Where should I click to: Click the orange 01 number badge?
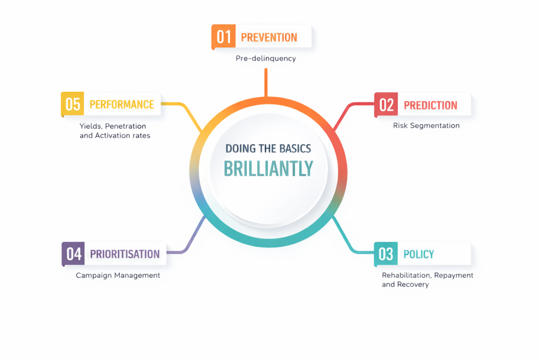tap(224, 36)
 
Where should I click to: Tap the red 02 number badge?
tap(386, 105)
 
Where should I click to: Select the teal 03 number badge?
tap(385, 254)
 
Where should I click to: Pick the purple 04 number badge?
tap(73, 254)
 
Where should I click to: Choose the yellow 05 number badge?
tap(73, 104)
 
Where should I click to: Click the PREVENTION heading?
tap(269, 37)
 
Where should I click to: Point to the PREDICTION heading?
tap(430, 105)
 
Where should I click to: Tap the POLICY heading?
tap(419, 255)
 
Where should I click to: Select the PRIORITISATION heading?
tap(124, 254)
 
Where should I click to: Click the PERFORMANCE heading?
tap(122, 104)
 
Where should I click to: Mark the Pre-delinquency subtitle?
tap(266, 59)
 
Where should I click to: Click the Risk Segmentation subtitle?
tap(426, 125)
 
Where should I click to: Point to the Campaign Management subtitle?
tap(118, 275)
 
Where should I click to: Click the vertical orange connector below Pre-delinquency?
tap(266, 83)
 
